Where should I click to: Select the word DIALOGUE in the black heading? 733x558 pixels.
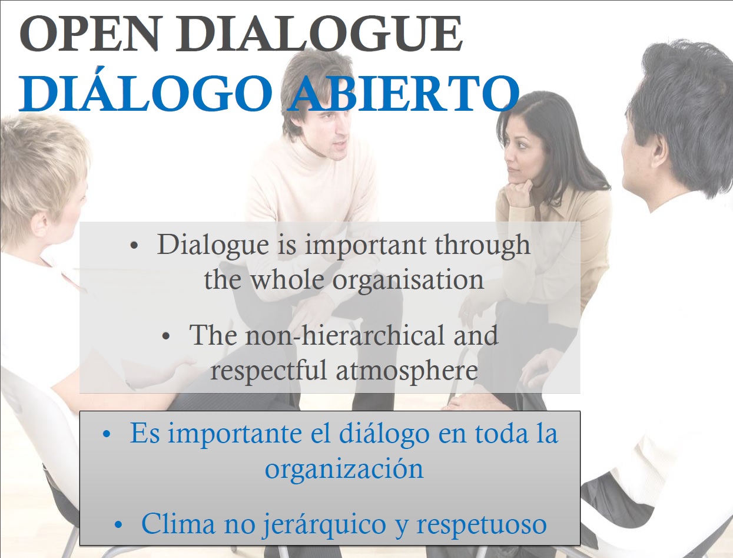[x=319, y=34]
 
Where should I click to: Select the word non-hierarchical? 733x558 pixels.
[x=345, y=335]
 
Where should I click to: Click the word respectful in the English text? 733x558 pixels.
[x=268, y=371]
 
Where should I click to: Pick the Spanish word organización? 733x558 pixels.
[x=344, y=470]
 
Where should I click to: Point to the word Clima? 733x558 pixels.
[x=178, y=523]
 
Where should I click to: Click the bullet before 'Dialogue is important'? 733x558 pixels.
[x=134, y=246]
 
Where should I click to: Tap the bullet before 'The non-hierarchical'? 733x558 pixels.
[x=165, y=336]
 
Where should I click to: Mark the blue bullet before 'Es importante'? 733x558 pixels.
[x=107, y=434]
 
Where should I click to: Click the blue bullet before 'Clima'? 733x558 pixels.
[x=118, y=524]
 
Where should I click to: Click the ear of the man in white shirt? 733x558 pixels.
[x=658, y=150]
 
